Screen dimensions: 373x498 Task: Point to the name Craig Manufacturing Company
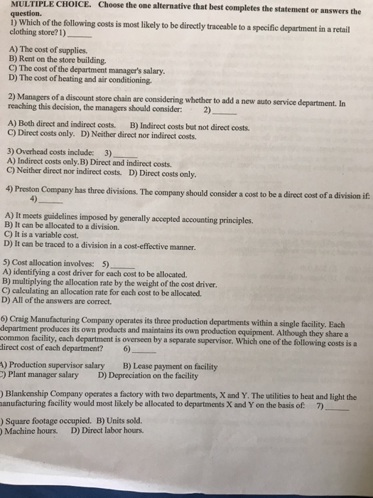point(67,319)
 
